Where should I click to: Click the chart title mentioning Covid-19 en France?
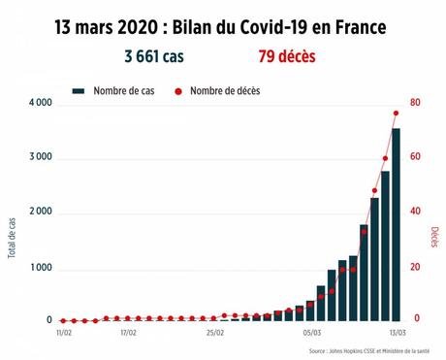click(x=222, y=26)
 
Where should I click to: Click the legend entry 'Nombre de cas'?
click(x=114, y=90)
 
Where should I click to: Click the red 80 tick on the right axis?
click(x=415, y=104)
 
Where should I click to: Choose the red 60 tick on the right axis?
click(x=415, y=158)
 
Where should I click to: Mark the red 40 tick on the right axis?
click(x=415, y=213)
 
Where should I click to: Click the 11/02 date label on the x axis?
click(x=64, y=332)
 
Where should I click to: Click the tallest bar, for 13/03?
click(x=396, y=223)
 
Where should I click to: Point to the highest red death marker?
click(x=396, y=114)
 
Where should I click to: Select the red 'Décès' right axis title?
click(x=433, y=239)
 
